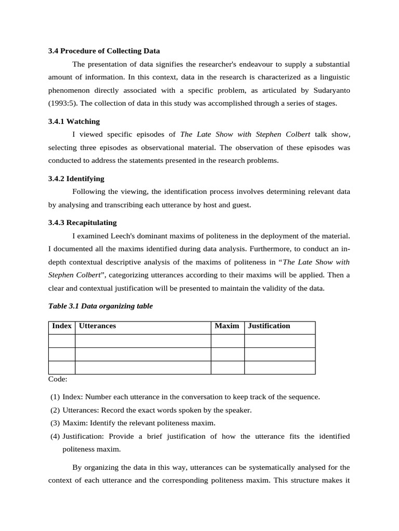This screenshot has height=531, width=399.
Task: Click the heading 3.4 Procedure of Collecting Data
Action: [104, 51]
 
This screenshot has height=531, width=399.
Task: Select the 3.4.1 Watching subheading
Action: [74, 121]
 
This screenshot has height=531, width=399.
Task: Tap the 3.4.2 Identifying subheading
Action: [76, 178]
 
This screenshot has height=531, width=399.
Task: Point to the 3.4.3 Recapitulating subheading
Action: [82, 222]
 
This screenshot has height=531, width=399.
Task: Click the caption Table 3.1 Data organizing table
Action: [100, 306]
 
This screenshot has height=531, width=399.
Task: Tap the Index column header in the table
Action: [62, 326]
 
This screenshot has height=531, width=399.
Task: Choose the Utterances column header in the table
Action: [97, 326]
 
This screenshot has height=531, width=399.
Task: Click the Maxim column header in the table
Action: [227, 326]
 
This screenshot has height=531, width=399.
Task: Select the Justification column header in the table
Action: [269, 326]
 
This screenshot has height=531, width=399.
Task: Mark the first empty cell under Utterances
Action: [143, 341]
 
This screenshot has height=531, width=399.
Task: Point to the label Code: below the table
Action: [58, 379]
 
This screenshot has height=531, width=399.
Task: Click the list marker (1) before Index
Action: [55, 397]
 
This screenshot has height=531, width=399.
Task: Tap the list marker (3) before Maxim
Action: [55, 423]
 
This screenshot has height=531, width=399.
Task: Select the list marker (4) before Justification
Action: [55, 436]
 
